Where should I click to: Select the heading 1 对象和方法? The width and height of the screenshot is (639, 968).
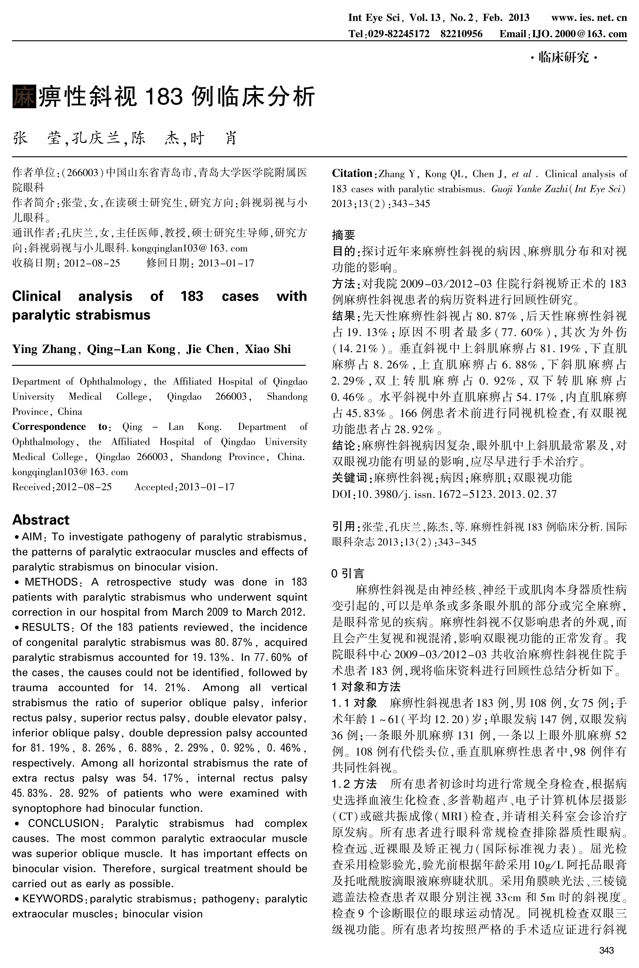[366, 687]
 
